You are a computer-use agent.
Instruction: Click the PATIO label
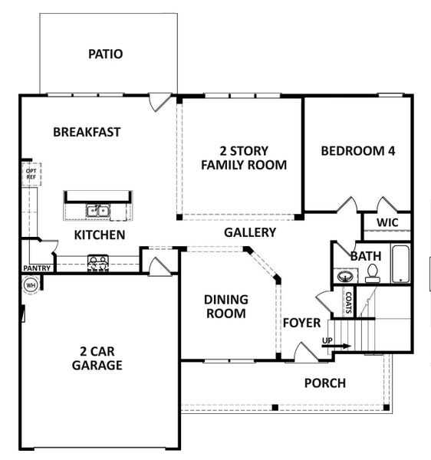click(x=105, y=54)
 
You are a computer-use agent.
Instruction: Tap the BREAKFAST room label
click(x=87, y=132)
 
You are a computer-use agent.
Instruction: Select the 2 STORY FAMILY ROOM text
click(x=243, y=157)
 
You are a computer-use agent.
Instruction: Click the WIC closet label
click(x=387, y=223)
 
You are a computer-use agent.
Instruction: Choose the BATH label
click(x=364, y=255)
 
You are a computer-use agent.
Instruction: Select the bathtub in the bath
click(x=401, y=264)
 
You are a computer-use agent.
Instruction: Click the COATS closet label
click(x=348, y=302)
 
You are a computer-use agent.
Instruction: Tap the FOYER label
click(x=301, y=323)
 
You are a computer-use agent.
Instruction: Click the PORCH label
click(x=324, y=383)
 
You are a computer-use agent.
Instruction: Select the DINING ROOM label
click(x=225, y=307)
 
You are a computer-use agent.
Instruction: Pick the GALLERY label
click(x=250, y=232)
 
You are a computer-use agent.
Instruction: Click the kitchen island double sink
click(x=97, y=211)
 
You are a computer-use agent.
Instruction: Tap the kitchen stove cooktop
click(x=97, y=262)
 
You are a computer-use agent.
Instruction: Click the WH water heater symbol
click(x=31, y=284)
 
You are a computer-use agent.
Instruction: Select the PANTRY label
click(x=37, y=268)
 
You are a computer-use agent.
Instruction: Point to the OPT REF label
click(x=31, y=173)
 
